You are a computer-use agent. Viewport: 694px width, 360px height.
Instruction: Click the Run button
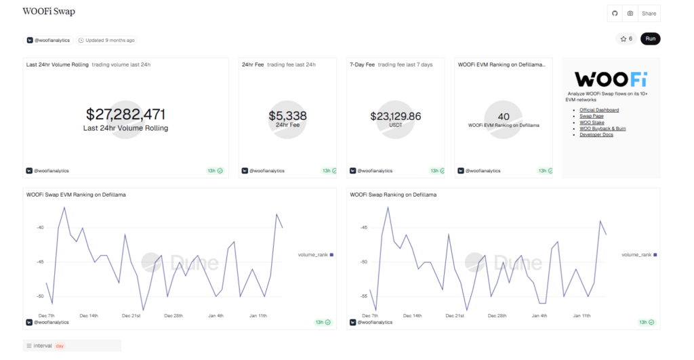pos(650,39)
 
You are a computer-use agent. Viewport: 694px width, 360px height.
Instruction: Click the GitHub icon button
pos(615,14)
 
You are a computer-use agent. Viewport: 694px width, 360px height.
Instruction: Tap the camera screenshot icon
pos(630,14)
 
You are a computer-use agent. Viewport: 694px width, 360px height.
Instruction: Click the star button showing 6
pos(626,39)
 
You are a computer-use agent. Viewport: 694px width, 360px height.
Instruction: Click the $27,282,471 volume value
pos(125,115)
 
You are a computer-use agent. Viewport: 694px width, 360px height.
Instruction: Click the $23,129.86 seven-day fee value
pos(395,116)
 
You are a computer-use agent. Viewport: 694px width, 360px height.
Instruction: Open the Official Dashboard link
pos(599,110)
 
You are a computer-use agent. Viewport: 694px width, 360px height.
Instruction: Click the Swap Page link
pos(592,116)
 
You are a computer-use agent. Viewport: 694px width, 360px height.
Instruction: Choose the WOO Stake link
pos(592,122)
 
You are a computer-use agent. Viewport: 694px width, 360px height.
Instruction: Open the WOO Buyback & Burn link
pos(603,128)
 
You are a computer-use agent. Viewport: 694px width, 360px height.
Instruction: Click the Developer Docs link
pos(596,134)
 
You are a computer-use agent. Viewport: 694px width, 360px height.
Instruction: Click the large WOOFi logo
pos(611,79)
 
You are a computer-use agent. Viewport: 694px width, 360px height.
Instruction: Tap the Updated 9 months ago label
pos(106,40)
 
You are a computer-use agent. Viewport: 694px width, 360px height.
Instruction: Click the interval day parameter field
pos(71,346)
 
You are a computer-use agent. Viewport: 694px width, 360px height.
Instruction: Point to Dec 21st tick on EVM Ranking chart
pos(131,315)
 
